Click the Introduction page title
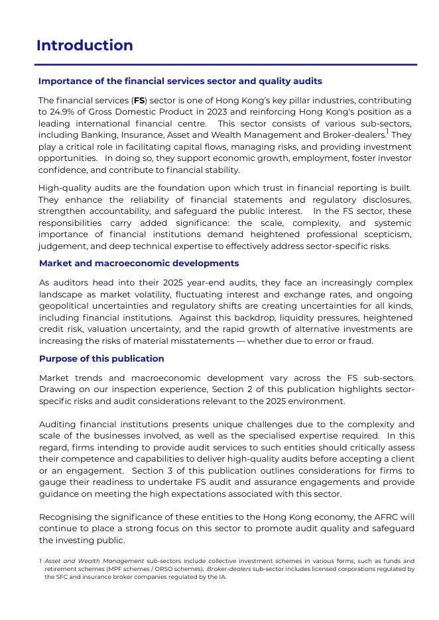pos(84,46)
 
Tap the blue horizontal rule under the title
pos(225,64)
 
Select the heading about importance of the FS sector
pos(180,81)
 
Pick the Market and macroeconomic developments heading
pos(139,264)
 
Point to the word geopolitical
pos(65,305)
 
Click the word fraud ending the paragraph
pos(361,341)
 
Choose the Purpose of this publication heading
pos(101,359)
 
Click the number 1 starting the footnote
pos(40,562)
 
